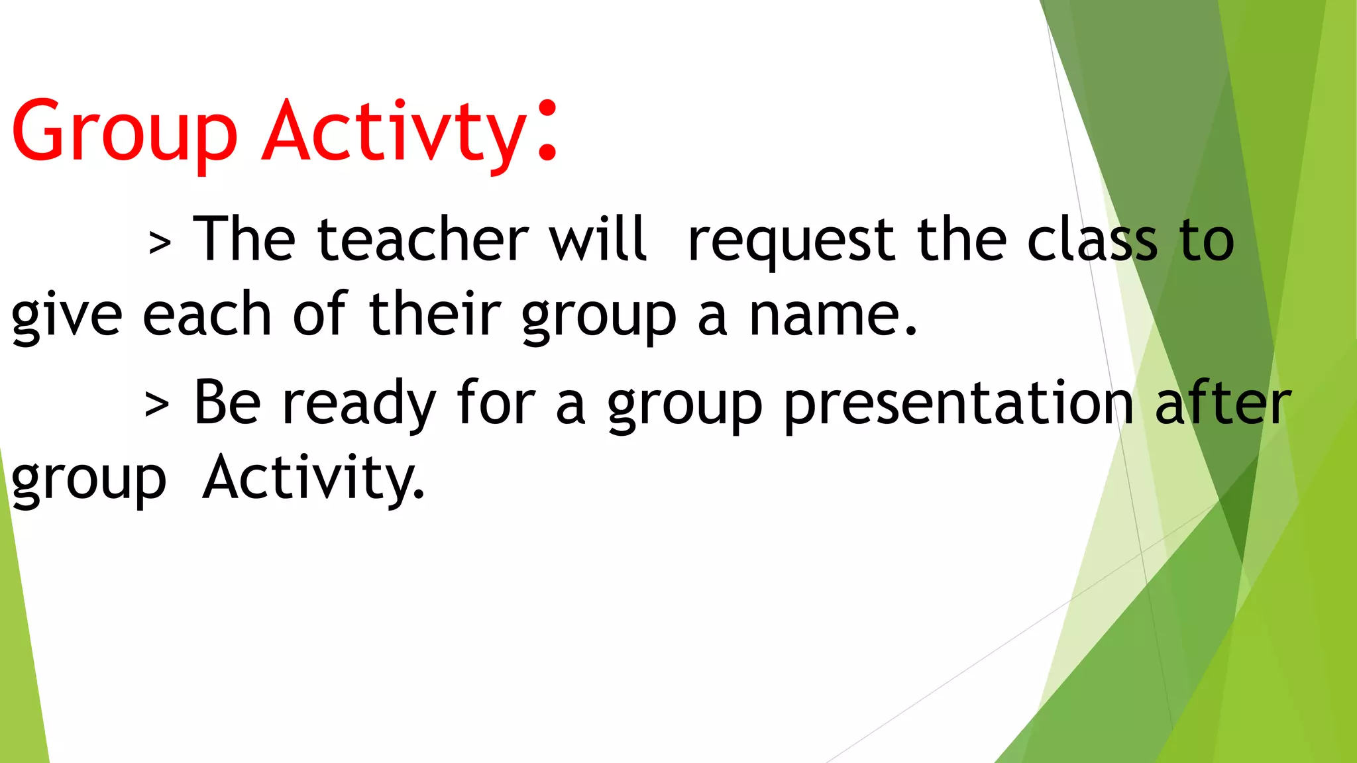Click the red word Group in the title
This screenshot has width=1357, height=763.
click(124, 132)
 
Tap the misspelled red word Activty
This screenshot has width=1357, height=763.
click(395, 132)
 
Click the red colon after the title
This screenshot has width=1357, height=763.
click(547, 131)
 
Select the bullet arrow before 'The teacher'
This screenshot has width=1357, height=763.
click(160, 243)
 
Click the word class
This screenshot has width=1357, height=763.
click(1092, 240)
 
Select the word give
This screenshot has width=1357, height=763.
click(66, 317)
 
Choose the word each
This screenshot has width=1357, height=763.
click(207, 314)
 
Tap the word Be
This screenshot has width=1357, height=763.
click(227, 403)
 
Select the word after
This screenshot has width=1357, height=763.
click(1223, 403)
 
